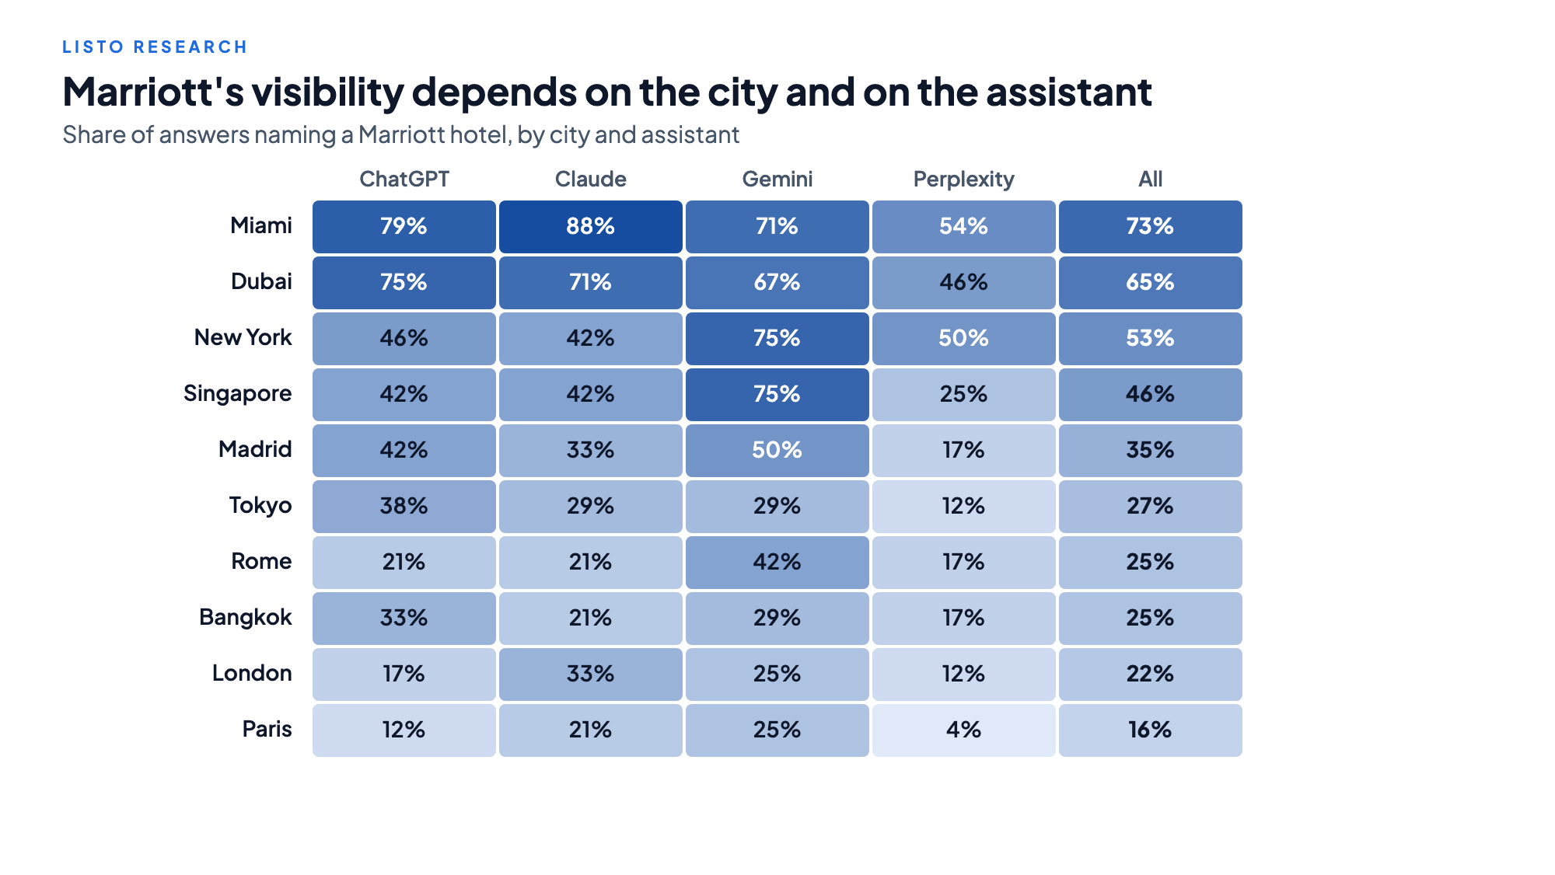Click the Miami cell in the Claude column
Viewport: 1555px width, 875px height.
tap(591, 227)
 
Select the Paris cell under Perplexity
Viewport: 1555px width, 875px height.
tap(964, 730)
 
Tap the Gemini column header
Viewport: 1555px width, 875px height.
tap(777, 179)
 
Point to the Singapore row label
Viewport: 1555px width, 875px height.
tap(237, 394)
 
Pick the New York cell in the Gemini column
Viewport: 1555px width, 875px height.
tap(777, 339)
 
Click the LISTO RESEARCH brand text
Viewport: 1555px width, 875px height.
tap(155, 47)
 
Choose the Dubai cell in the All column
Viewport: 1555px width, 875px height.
tap(1151, 283)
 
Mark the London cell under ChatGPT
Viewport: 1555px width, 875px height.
tap(404, 675)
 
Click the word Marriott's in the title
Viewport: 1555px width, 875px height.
tap(153, 92)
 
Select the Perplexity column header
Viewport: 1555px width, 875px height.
tap(964, 180)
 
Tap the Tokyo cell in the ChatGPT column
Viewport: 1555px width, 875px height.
tap(404, 507)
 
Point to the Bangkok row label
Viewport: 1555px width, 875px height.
tap(246, 617)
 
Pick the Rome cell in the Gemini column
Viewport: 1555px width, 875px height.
tap(777, 563)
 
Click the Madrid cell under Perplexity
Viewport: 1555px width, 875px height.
tap(964, 451)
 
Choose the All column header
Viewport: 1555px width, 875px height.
tap(1151, 179)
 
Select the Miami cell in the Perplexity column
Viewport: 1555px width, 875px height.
tap(964, 227)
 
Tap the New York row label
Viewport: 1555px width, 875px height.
tap(243, 337)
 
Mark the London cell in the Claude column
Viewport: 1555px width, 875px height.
tap(591, 675)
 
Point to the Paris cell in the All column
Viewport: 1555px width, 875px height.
tap(1151, 730)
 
